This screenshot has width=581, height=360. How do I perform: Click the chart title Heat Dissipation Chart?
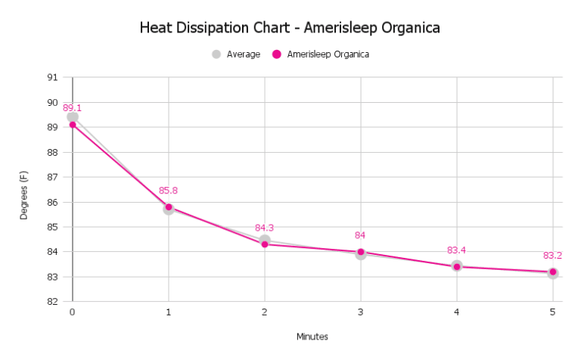[290, 28]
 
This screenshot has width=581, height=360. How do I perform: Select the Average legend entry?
[236, 54]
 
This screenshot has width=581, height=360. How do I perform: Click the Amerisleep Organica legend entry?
[321, 54]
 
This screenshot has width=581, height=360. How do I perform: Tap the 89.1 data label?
[72, 108]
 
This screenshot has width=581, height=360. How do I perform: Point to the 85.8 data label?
[168, 191]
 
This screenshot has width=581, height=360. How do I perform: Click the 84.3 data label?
[264, 228]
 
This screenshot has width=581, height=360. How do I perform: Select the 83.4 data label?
[456, 250]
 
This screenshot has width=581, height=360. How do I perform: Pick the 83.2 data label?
[552, 256]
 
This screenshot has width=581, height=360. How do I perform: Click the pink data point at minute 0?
[73, 124]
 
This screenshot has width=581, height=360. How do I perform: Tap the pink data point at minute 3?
[361, 252]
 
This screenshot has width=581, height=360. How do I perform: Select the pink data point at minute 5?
[553, 272]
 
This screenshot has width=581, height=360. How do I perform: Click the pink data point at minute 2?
[265, 244]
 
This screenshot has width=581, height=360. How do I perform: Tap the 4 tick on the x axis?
[457, 312]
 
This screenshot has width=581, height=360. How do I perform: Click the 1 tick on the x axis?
[169, 312]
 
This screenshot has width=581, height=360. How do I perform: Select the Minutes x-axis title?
[312, 337]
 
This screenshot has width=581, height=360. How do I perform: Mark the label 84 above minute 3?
[360, 235]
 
